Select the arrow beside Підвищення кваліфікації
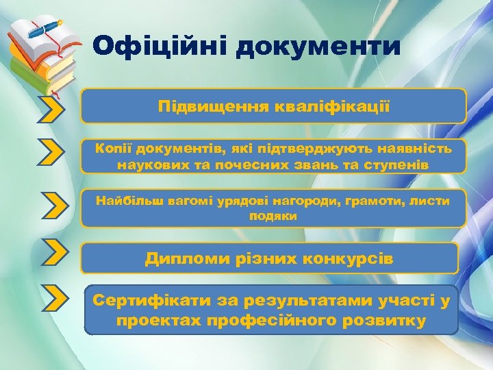(52, 108)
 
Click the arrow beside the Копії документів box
(52, 153)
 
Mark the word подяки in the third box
(273, 216)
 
